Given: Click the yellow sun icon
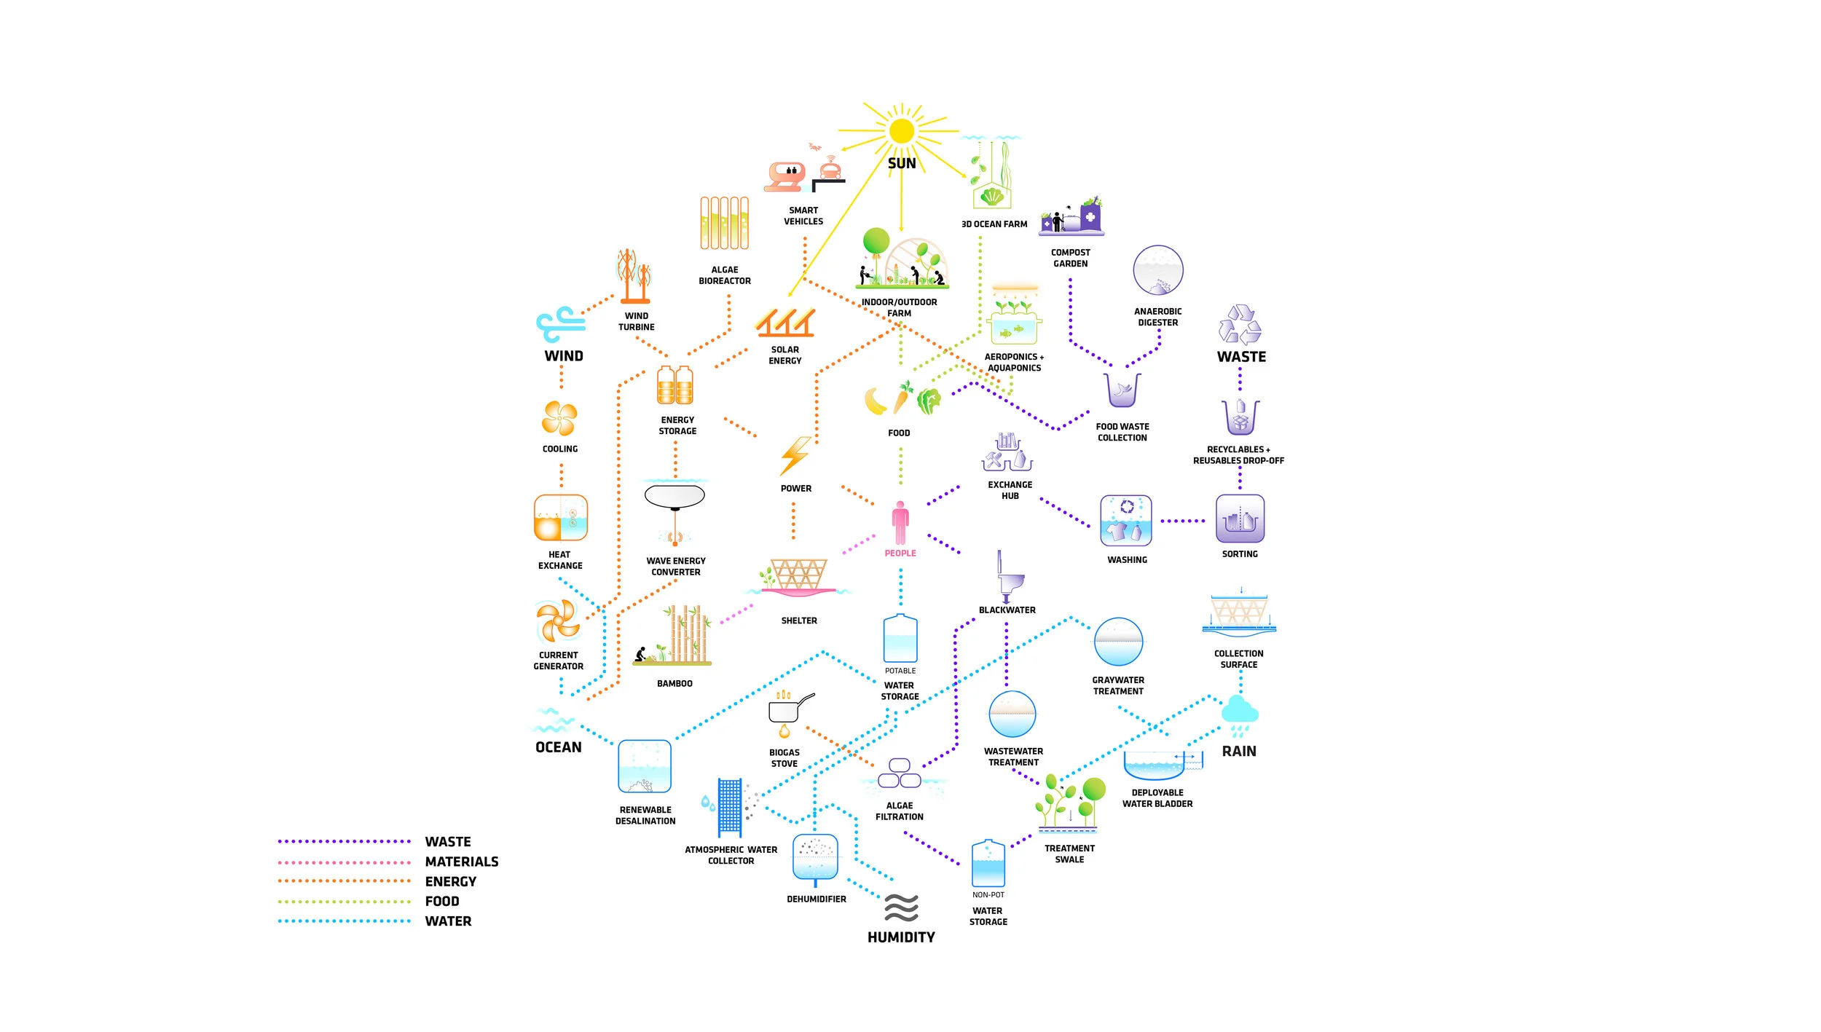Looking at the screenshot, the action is [x=901, y=131].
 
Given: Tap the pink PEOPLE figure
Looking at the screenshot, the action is [x=900, y=523].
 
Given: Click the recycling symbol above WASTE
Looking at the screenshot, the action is [x=1240, y=325].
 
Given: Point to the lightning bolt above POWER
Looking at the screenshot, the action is [x=795, y=456].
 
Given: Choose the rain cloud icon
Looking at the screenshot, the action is [x=1239, y=715].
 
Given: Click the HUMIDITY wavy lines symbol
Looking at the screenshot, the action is [x=901, y=907].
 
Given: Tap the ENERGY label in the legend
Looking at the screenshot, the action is [x=451, y=881].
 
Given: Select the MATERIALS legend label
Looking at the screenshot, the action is [x=462, y=862].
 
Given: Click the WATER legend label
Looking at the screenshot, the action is [x=448, y=921].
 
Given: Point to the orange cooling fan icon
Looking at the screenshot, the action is [x=559, y=418].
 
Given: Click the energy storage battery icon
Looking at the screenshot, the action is [x=675, y=385].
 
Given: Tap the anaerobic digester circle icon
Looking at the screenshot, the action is [x=1158, y=270].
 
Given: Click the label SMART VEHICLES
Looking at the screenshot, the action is [x=803, y=216].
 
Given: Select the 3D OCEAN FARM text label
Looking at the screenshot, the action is [x=994, y=224].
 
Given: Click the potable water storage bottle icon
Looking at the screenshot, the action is [x=900, y=638].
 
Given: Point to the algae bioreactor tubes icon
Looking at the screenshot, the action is [x=725, y=223].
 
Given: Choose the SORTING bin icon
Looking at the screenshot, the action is [x=1240, y=519].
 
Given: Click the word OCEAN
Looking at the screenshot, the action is [x=559, y=747].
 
